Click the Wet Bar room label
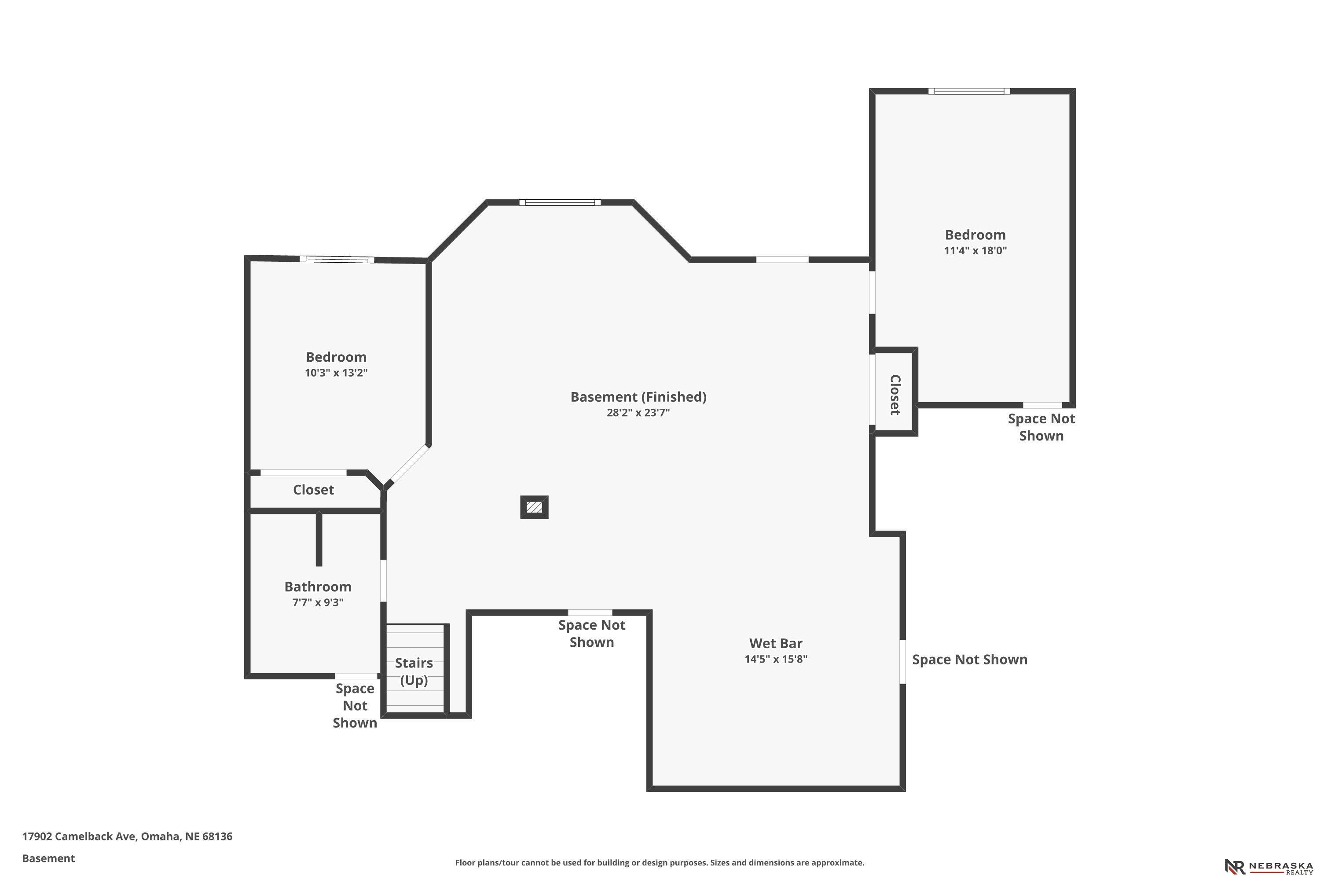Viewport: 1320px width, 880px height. (x=776, y=643)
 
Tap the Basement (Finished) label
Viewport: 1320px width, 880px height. (x=638, y=397)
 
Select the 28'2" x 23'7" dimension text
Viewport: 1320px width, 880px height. (x=638, y=413)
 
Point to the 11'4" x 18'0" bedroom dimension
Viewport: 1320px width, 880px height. (x=975, y=250)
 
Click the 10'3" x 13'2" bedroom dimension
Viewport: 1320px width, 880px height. (x=336, y=373)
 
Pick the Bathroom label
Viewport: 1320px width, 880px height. (x=318, y=587)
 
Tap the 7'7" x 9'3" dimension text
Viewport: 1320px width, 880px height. (x=318, y=602)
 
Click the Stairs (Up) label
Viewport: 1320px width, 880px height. (x=414, y=671)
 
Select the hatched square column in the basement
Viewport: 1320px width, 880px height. (x=534, y=507)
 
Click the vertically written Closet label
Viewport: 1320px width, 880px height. (x=895, y=395)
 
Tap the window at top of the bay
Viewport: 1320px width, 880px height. (x=560, y=202)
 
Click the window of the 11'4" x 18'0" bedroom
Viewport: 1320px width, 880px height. (x=969, y=91)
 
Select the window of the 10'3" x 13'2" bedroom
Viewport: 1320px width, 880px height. (x=337, y=259)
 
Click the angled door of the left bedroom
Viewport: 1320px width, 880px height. (x=409, y=464)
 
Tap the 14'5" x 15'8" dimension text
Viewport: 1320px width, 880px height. (x=776, y=659)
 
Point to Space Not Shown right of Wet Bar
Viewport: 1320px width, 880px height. (x=969, y=660)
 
